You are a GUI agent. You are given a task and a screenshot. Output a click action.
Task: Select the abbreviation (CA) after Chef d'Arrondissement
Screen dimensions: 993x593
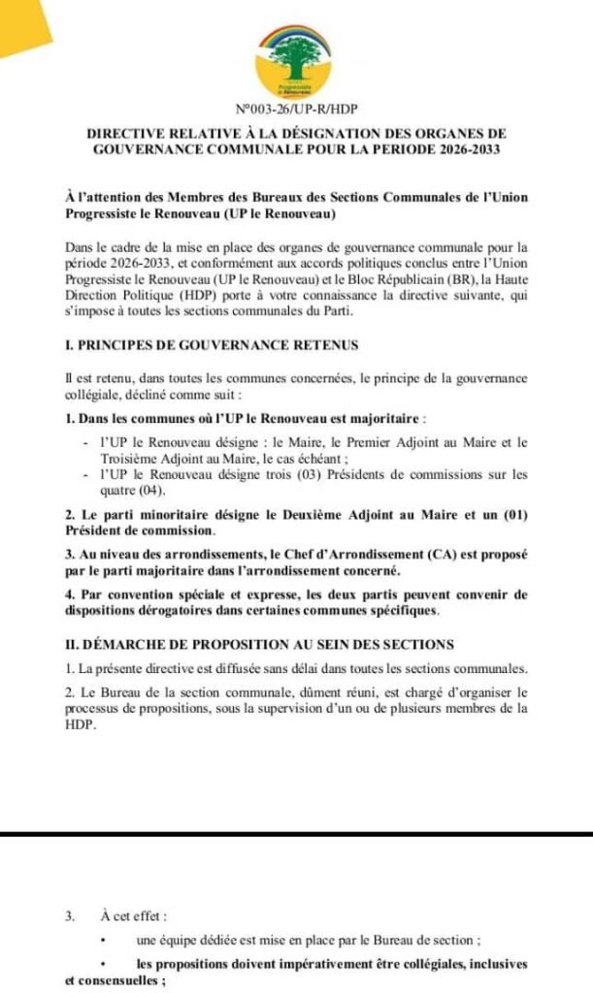click(445, 553)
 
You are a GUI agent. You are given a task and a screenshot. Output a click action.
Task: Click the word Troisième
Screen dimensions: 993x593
click(135, 458)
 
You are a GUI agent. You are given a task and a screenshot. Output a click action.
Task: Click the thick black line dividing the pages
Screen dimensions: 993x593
click(296, 834)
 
